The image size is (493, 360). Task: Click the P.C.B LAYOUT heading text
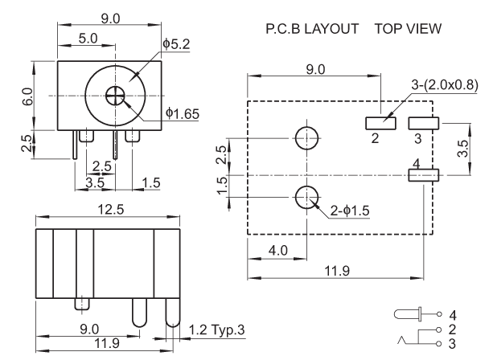pyautogui.click(x=311, y=29)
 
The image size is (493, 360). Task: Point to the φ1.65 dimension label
pyautogui.click(x=182, y=114)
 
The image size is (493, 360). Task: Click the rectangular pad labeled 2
pyautogui.click(x=382, y=123)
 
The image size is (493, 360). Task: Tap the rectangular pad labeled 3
pyautogui.click(x=424, y=123)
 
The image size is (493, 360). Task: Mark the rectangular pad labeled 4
pyautogui.click(x=424, y=174)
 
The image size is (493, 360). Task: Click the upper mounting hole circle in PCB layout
pyautogui.click(x=306, y=138)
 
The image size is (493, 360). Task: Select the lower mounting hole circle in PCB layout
pyautogui.click(x=306, y=196)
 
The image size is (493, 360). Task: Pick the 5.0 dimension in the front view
pyautogui.click(x=88, y=37)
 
